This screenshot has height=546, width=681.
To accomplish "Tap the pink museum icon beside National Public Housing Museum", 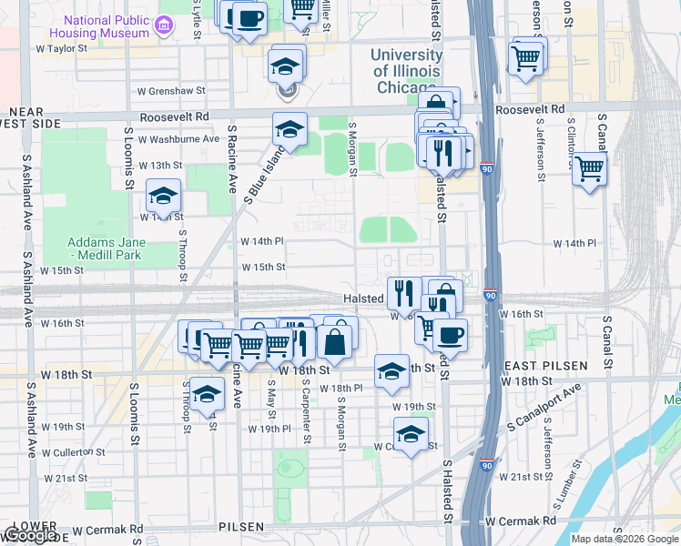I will [x=164, y=25].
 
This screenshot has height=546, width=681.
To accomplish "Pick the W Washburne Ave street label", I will [x=179, y=139].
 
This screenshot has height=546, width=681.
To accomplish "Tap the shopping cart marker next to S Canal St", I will [x=589, y=167].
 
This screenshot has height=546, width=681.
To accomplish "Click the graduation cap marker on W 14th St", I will [x=164, y=196].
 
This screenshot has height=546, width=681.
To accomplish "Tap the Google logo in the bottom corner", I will [x=30, y=535].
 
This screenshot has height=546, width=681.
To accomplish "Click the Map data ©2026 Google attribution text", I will [x=624, y=539].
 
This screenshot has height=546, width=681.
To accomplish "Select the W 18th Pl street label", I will [x=341, y=389].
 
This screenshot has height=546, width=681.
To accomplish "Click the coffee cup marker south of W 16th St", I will [x=449, y=334].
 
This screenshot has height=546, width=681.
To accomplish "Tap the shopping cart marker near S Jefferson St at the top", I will [x=526, y=58].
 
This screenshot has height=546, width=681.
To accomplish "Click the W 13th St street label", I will [x=160, y=166].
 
